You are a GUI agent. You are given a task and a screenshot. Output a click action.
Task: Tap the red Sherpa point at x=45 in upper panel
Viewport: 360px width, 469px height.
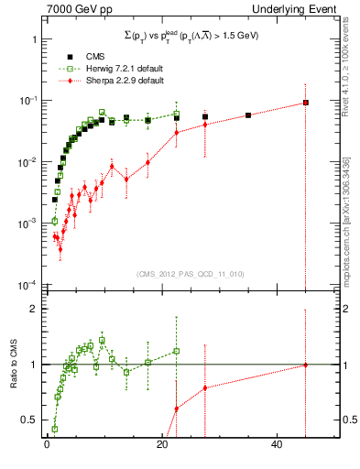[306, 103]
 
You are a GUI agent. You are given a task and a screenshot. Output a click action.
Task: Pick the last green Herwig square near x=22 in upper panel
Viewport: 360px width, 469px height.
[176, 115]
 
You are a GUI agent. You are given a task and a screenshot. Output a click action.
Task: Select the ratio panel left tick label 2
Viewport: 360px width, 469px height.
[33, 309]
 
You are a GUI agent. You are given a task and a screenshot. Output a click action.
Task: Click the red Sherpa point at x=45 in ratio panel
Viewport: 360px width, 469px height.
[306, 365]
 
